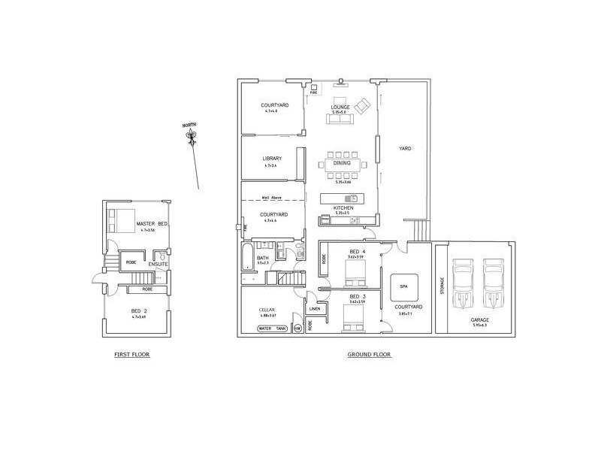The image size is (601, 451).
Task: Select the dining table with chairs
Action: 342,163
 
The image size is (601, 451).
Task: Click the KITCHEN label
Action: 343,207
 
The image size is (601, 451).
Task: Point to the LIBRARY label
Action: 271,158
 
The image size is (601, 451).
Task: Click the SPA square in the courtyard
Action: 403,287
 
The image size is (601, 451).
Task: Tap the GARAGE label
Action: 479,319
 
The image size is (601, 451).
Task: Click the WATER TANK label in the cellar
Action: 272,328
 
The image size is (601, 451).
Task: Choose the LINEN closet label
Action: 315,309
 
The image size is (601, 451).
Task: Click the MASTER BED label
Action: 152,225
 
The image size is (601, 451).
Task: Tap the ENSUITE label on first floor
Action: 158,264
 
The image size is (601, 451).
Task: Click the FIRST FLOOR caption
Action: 131,354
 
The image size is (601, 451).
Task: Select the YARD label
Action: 405,148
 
